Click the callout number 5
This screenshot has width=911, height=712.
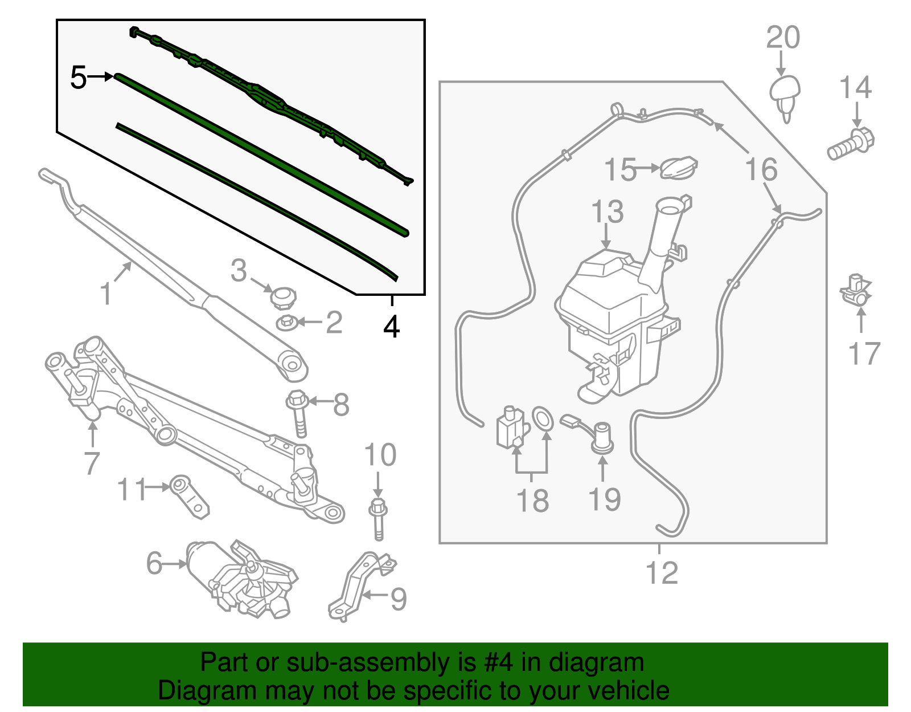78,78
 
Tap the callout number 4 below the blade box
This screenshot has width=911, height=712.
392,327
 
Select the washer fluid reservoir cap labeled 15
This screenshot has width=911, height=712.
679,167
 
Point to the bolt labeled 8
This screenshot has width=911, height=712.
299,413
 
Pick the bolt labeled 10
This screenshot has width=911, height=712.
378,519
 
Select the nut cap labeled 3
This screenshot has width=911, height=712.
283,297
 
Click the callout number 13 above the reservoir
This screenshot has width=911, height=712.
608,212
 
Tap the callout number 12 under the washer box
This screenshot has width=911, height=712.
662,573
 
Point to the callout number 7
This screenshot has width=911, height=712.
92,463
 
